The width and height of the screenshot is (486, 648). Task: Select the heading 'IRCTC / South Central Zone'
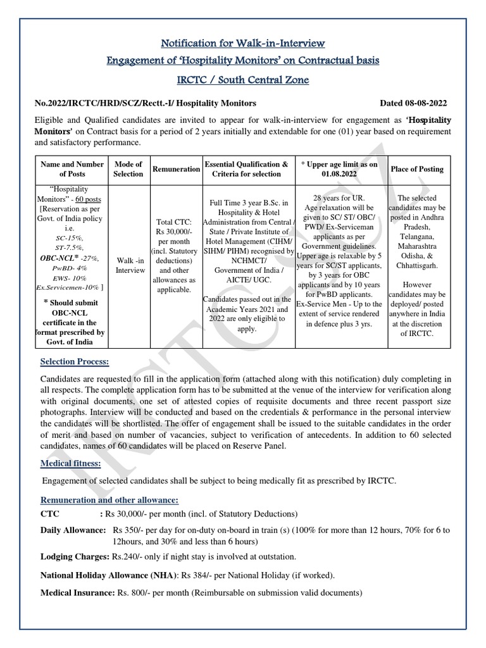(243, 81)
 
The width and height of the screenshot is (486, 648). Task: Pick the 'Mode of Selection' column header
(128, 169)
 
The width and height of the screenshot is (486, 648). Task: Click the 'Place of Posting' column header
(417, 169)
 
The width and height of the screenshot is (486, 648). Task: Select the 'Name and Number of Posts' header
(72, 169)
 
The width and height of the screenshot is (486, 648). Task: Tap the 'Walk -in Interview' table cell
(128, 265)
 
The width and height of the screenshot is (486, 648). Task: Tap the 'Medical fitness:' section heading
(70, 464)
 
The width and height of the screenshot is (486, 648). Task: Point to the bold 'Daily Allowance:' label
(73, 529)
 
